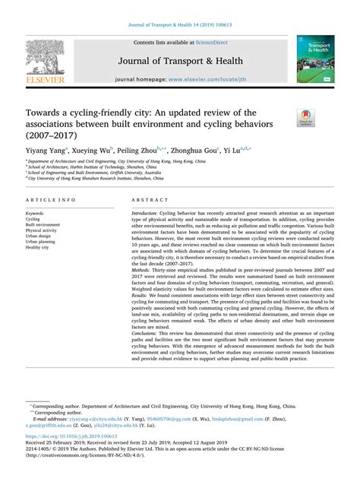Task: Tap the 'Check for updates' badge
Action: coord(306,117)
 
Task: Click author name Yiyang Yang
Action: coord(47,150)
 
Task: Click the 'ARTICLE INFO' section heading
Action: coord(50,199)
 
